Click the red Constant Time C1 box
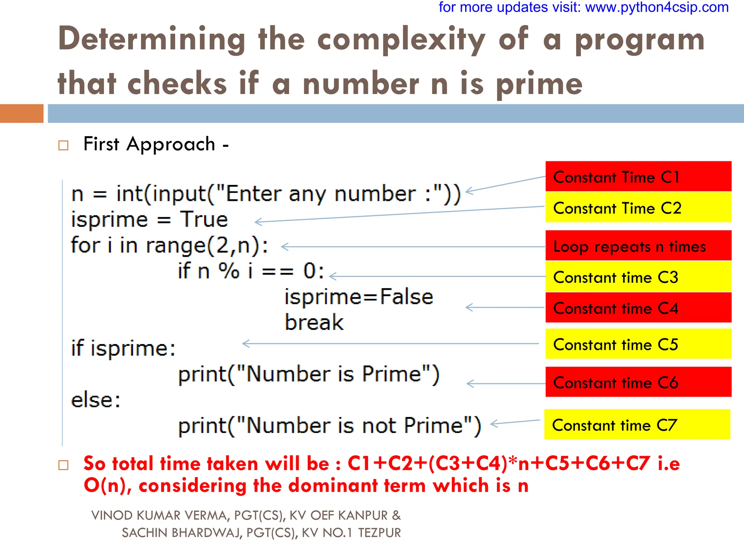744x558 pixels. [638, 177]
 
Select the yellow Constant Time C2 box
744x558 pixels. [638, 207]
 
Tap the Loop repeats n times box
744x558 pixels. [638, 246]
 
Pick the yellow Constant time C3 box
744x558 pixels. [638, 277]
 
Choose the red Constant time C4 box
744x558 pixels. [638, 308]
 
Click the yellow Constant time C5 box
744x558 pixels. [638, 344]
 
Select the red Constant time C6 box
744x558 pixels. [638, 382]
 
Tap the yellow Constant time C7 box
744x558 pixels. [637, 425]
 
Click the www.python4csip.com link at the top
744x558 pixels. [657, 7]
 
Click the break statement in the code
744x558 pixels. [314, 322]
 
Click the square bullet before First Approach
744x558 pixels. [64, 146]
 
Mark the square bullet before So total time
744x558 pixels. [64, 465]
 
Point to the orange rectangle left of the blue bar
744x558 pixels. [22, 113]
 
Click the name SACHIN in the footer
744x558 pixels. [144, 533]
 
